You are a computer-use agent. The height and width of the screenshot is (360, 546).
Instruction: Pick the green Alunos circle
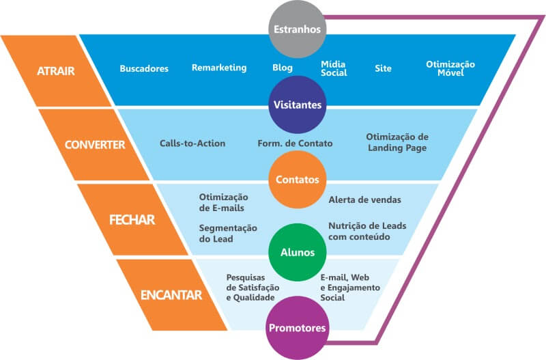point(296,251)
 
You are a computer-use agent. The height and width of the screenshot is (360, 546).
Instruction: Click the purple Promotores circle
point(296,329)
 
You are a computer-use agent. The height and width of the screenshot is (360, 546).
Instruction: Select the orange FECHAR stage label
point(132,220)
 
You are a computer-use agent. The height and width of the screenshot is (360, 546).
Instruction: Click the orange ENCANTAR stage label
point(171,295)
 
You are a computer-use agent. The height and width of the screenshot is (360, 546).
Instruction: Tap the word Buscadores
point(144,68)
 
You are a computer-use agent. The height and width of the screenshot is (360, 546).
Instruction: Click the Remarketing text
point(219,68)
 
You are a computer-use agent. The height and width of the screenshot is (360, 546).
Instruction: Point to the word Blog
point(282,68)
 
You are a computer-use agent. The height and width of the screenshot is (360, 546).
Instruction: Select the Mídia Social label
point(334,68)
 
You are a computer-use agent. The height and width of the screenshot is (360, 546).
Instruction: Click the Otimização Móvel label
point(450,68)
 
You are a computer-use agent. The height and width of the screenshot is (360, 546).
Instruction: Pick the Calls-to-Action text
point(192,143)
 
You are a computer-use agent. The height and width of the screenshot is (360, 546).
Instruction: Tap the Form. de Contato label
point(295,143)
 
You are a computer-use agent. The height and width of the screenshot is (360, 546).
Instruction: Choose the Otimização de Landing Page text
point(397,142)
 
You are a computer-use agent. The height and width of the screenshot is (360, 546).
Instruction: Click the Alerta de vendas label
point(364,200)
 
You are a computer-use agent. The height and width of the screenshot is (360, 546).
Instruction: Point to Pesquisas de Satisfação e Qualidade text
point(250,288)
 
